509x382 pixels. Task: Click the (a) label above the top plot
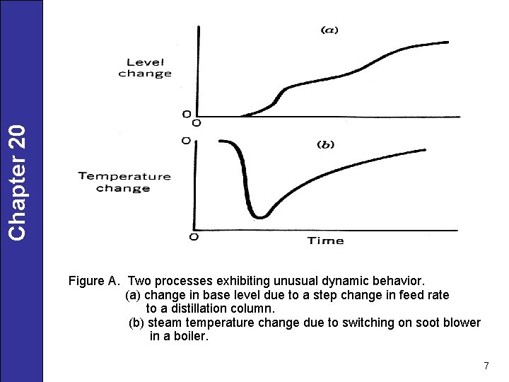click(x=329, y=30)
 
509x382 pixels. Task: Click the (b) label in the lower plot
click(x=325, y=144)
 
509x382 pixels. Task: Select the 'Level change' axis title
click(x=145, y=67)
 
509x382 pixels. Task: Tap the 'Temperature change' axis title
click(x=124, y=182)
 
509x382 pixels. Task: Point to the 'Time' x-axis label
click(x=325, y=241)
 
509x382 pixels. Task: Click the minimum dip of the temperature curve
click(x=261, y=216)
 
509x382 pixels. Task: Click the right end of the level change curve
click(x=447, y=42)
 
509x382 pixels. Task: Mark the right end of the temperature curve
click(x=424, y=149)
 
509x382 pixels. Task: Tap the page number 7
click(x=486, y=366)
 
